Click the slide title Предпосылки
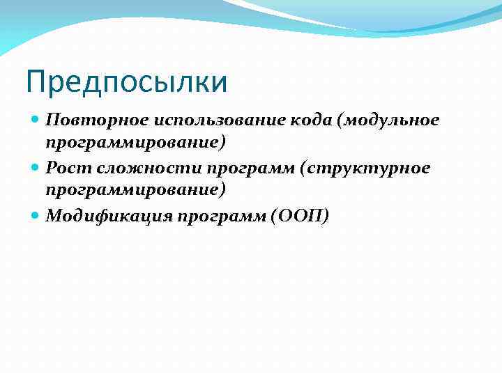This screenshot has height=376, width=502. (126, 82)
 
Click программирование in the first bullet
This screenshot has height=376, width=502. (132, 143)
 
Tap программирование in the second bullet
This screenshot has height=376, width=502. (132, 191)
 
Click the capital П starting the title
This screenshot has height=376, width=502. (36, 82)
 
